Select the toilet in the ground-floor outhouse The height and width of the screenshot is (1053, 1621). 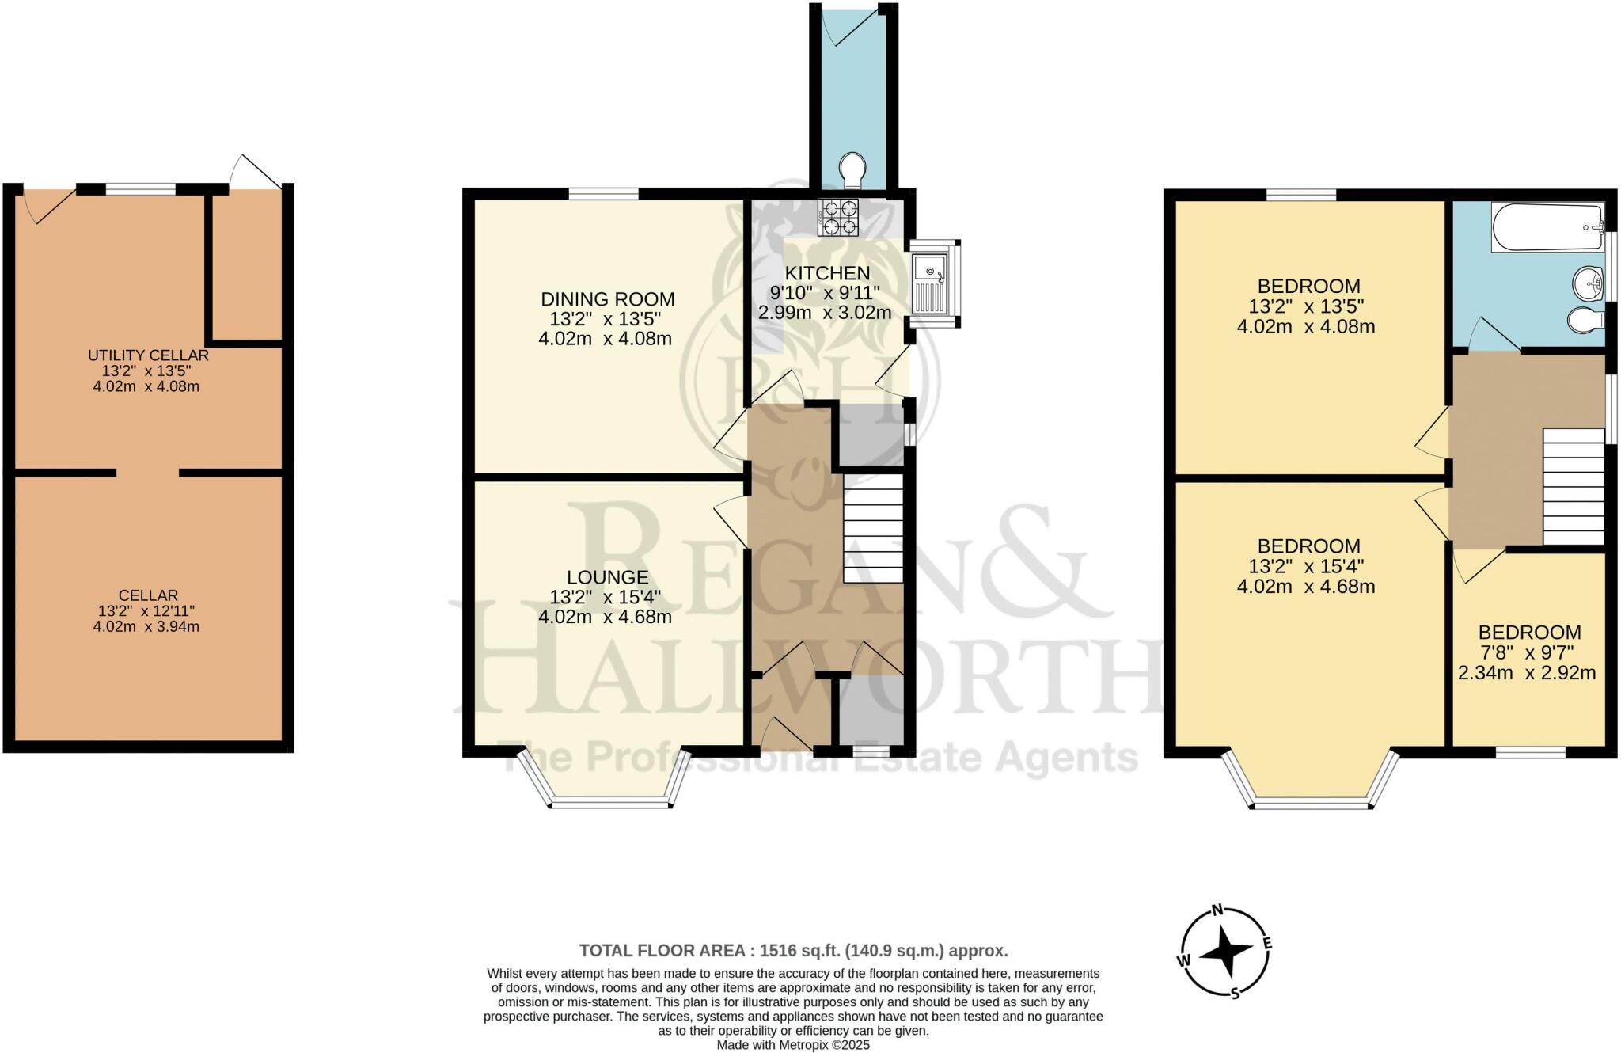(852, 169)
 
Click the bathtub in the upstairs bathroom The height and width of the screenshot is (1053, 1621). (1546, 228)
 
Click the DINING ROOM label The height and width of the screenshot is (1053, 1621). (607, 299)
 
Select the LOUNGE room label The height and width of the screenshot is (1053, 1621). (607, 577)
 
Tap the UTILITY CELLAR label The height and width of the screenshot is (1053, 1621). (148, 355)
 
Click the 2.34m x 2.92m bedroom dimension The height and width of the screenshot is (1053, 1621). (1527, 674)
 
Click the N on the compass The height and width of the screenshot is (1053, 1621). (1219, 909)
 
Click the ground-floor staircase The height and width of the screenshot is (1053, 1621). (872, 529)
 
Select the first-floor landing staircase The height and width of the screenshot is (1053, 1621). (1574, 487)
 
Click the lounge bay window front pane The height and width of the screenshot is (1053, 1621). (610, 804)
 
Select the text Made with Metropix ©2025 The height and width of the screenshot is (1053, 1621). (793, 1045)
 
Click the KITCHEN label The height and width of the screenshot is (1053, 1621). (827, 273)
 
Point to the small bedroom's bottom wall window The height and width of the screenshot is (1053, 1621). (1529, 752)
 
